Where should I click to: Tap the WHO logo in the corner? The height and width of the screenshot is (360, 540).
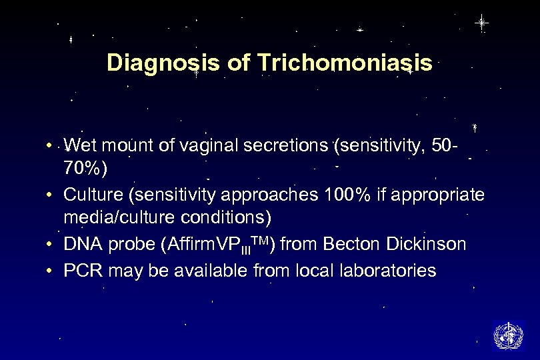point(508,335)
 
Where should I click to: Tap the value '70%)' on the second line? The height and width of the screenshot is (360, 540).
point(84,169)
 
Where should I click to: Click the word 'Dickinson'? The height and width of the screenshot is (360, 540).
point(425,245)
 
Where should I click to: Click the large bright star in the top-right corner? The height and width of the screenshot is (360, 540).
point(481,23)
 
